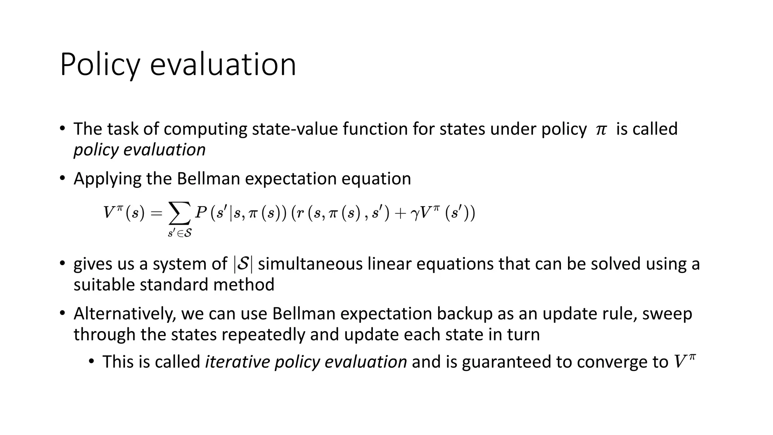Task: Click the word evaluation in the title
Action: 223,65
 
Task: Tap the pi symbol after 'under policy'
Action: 601,130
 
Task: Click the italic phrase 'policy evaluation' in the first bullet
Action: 139,150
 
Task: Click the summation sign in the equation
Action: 179,214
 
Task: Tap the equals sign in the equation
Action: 156,214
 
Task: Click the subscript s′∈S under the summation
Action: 180,234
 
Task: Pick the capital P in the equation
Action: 200,213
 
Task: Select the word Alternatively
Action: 125,314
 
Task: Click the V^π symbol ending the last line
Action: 684,361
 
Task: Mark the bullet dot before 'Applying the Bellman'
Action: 62,178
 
